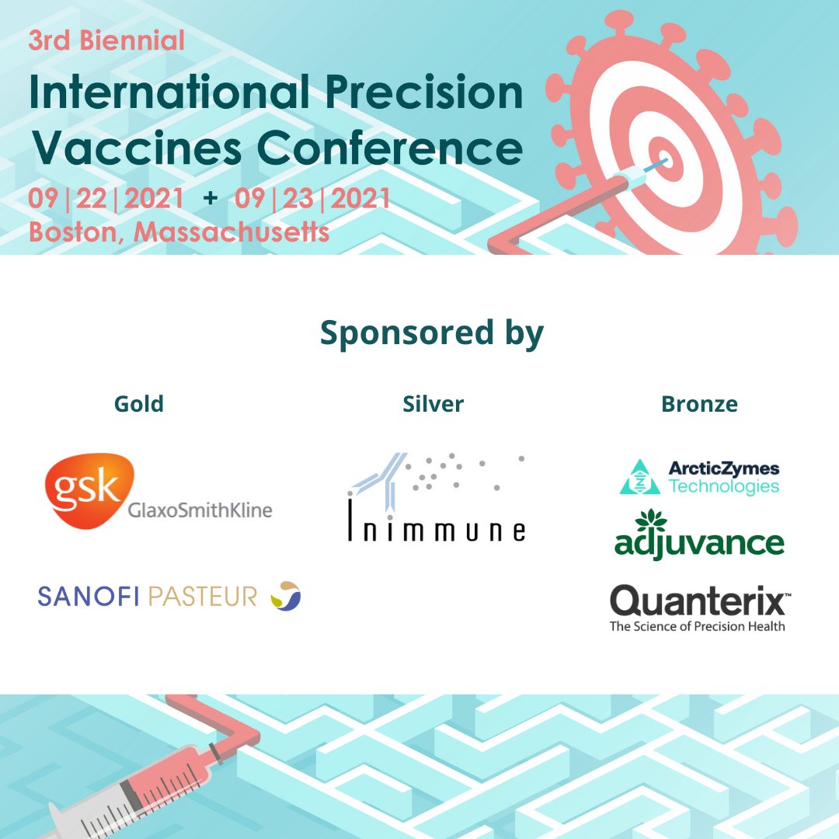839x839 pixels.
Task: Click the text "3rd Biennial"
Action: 106,40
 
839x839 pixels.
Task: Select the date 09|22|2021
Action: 106,200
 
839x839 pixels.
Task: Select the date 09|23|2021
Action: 312,200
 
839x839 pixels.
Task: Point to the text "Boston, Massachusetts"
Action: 179,232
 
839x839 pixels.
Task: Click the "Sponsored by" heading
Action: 432,333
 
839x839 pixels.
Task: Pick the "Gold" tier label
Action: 139,404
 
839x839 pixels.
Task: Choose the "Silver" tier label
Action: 433,404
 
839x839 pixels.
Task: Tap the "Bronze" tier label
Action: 699,404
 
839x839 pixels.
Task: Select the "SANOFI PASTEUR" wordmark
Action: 148,597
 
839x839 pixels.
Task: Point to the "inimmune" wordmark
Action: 437,530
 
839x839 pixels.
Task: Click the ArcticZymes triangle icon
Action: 639,478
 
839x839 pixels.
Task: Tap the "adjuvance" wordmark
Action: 699,542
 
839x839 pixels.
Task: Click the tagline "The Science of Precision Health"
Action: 698,627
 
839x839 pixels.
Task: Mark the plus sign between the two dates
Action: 210,200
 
